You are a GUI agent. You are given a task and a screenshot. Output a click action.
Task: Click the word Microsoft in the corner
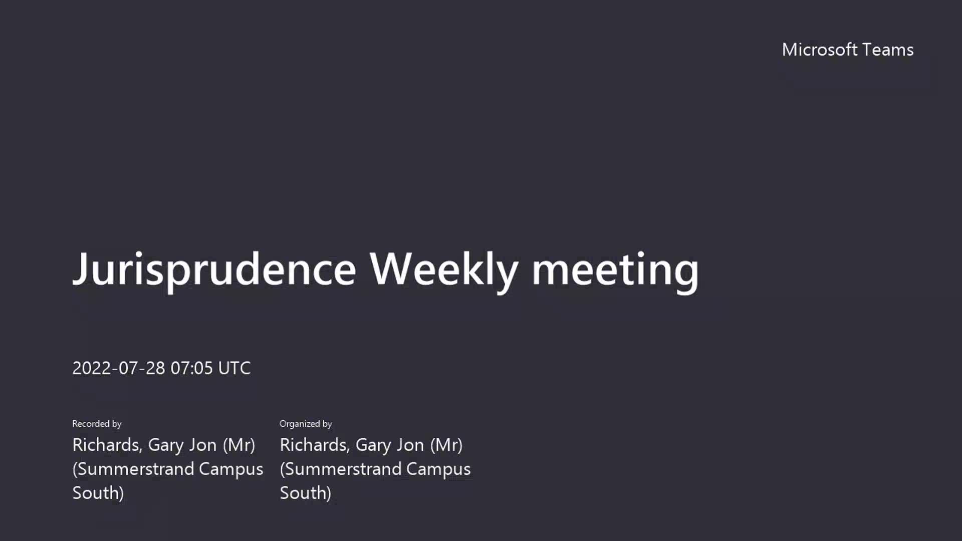coord(820,50)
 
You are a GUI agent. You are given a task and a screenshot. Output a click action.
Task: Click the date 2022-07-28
coord(119,368)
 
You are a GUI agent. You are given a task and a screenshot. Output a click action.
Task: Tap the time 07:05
coord(192,368)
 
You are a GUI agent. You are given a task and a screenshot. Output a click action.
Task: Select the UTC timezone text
coord(234,368)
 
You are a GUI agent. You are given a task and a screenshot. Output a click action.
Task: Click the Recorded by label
coord(97,424)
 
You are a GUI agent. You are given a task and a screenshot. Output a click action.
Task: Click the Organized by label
coord(306,424)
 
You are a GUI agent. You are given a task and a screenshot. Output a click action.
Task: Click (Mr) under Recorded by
coord(239,445)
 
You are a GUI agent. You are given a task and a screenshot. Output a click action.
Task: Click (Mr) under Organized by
coord(446,445)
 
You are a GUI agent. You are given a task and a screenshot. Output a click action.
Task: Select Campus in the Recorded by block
coord(231,469)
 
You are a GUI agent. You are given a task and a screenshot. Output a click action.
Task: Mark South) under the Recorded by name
coord(98,493)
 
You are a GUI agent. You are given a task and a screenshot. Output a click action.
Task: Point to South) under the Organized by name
coord(306,493)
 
